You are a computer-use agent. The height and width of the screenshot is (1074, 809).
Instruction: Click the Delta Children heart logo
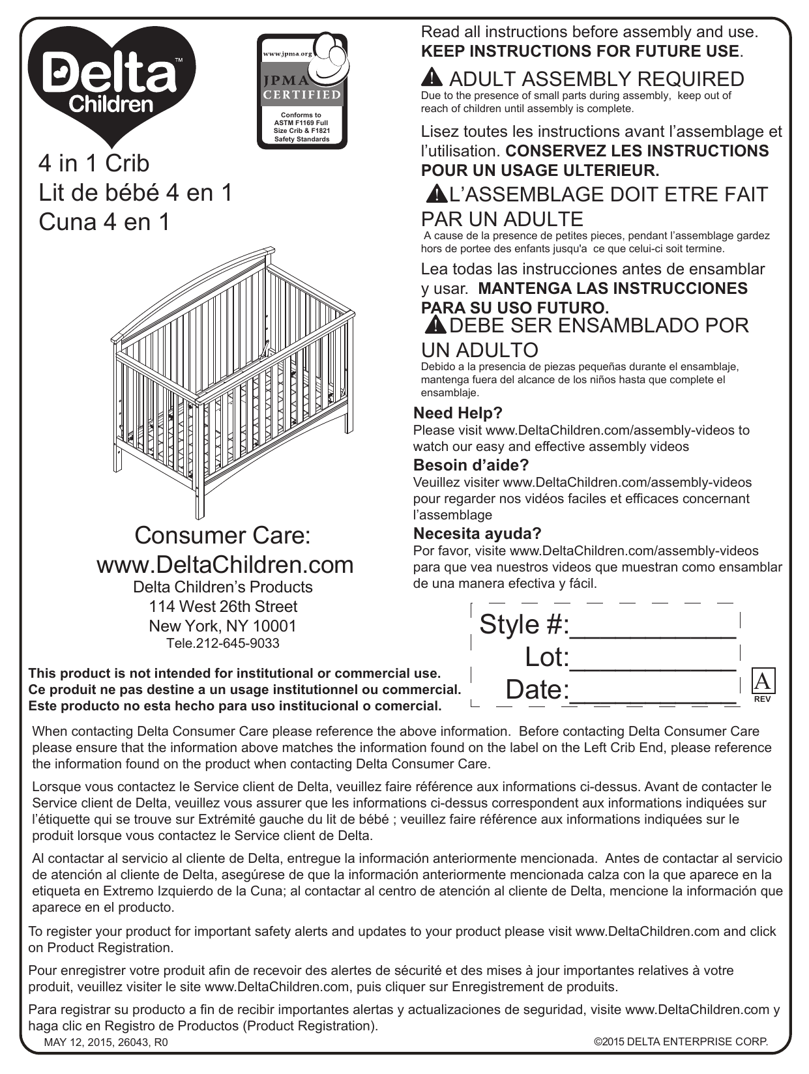111,81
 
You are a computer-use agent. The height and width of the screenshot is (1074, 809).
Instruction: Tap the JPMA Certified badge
302,90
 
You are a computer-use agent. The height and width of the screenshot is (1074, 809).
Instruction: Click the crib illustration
235,378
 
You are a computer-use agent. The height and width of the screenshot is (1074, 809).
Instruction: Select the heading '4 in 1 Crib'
94,163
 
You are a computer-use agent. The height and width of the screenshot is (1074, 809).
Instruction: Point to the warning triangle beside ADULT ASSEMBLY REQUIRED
432,78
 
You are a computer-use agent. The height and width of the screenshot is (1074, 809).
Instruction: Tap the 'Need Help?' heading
458,413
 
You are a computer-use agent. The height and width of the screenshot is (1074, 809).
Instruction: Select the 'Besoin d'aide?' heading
471,465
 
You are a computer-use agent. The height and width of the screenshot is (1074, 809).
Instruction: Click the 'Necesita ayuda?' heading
477,534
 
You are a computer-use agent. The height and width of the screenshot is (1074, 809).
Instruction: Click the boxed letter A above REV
763,682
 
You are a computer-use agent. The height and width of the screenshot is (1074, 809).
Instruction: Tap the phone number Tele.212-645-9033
223,643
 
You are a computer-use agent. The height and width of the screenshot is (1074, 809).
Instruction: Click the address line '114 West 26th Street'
223,606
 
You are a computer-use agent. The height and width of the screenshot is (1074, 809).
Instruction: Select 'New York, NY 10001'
223,626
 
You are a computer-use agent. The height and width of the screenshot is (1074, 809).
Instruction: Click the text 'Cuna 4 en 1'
104,222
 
